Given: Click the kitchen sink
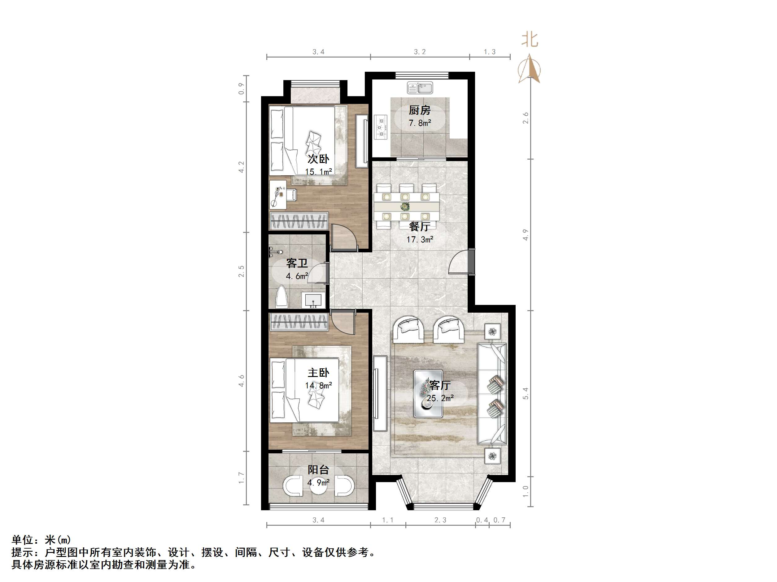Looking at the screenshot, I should pos(420,88).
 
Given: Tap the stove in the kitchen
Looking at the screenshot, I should pos(381,127).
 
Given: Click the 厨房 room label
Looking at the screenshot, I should pos(419,110).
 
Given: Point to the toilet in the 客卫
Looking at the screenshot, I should pos(282,297).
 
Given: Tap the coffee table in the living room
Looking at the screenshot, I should pos(428,394).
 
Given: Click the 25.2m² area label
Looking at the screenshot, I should pos(440,398).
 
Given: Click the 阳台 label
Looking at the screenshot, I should pos(318,469).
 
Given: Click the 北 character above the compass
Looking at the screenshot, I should pos(530,40).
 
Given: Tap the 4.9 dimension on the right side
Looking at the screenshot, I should pos(526,235).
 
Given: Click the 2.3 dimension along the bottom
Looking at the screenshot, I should pos(440,520).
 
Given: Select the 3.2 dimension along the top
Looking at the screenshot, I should pos(419,52).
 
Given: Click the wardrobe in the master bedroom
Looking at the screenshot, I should pos(299,322).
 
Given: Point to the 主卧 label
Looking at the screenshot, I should pos(318,373).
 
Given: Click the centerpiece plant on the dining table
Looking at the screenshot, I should pos(405,206).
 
